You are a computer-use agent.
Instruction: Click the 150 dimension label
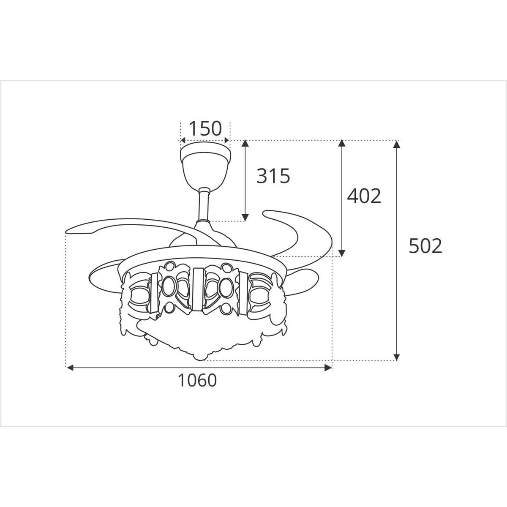(205, 128)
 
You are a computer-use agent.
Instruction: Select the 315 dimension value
(273, 176)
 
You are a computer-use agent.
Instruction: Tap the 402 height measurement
(364, 196)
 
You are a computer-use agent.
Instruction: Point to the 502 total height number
(425, 246)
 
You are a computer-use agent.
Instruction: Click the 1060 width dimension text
(197, 381)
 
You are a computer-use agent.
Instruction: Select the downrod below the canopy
(204, 205)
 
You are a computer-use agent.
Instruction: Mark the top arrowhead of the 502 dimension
(396, 144)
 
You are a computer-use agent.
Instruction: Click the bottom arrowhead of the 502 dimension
(396, 357)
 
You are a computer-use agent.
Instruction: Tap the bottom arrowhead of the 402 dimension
(342, 253)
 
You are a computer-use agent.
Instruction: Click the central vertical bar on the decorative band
(198, 291)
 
